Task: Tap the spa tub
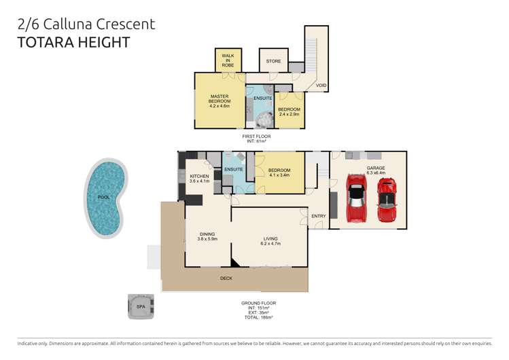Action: pyautogui.click(x=141, y=306)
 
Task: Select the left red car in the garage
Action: pyautogui.click(x=356, y=198)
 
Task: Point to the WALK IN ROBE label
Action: pyautogui.click(x=227, y=58)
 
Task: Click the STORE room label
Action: pyautogui.click(x=273, y=61)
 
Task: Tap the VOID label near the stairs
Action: pyautogui.click(x=321, y=86)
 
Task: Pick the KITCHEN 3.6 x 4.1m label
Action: pyautogui.click(x=199, y=178)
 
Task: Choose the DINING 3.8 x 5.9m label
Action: pyautogui.click(x=207, y=237)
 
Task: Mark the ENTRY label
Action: pyautogui.click(x=318, y=216)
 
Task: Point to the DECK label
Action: pyautogui.click(x=226, y=278)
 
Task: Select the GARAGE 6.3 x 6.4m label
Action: pyautogui.click(x=376, y=170)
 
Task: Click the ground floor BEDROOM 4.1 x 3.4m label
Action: pyautogui.click(x=279, y=173)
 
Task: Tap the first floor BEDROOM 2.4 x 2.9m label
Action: pyautogui.click(x=289, y=111)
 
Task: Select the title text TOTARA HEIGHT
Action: pyautogui.click(x=73, y=42)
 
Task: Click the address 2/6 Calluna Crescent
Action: pyautogui.click(x=85, y=24)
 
